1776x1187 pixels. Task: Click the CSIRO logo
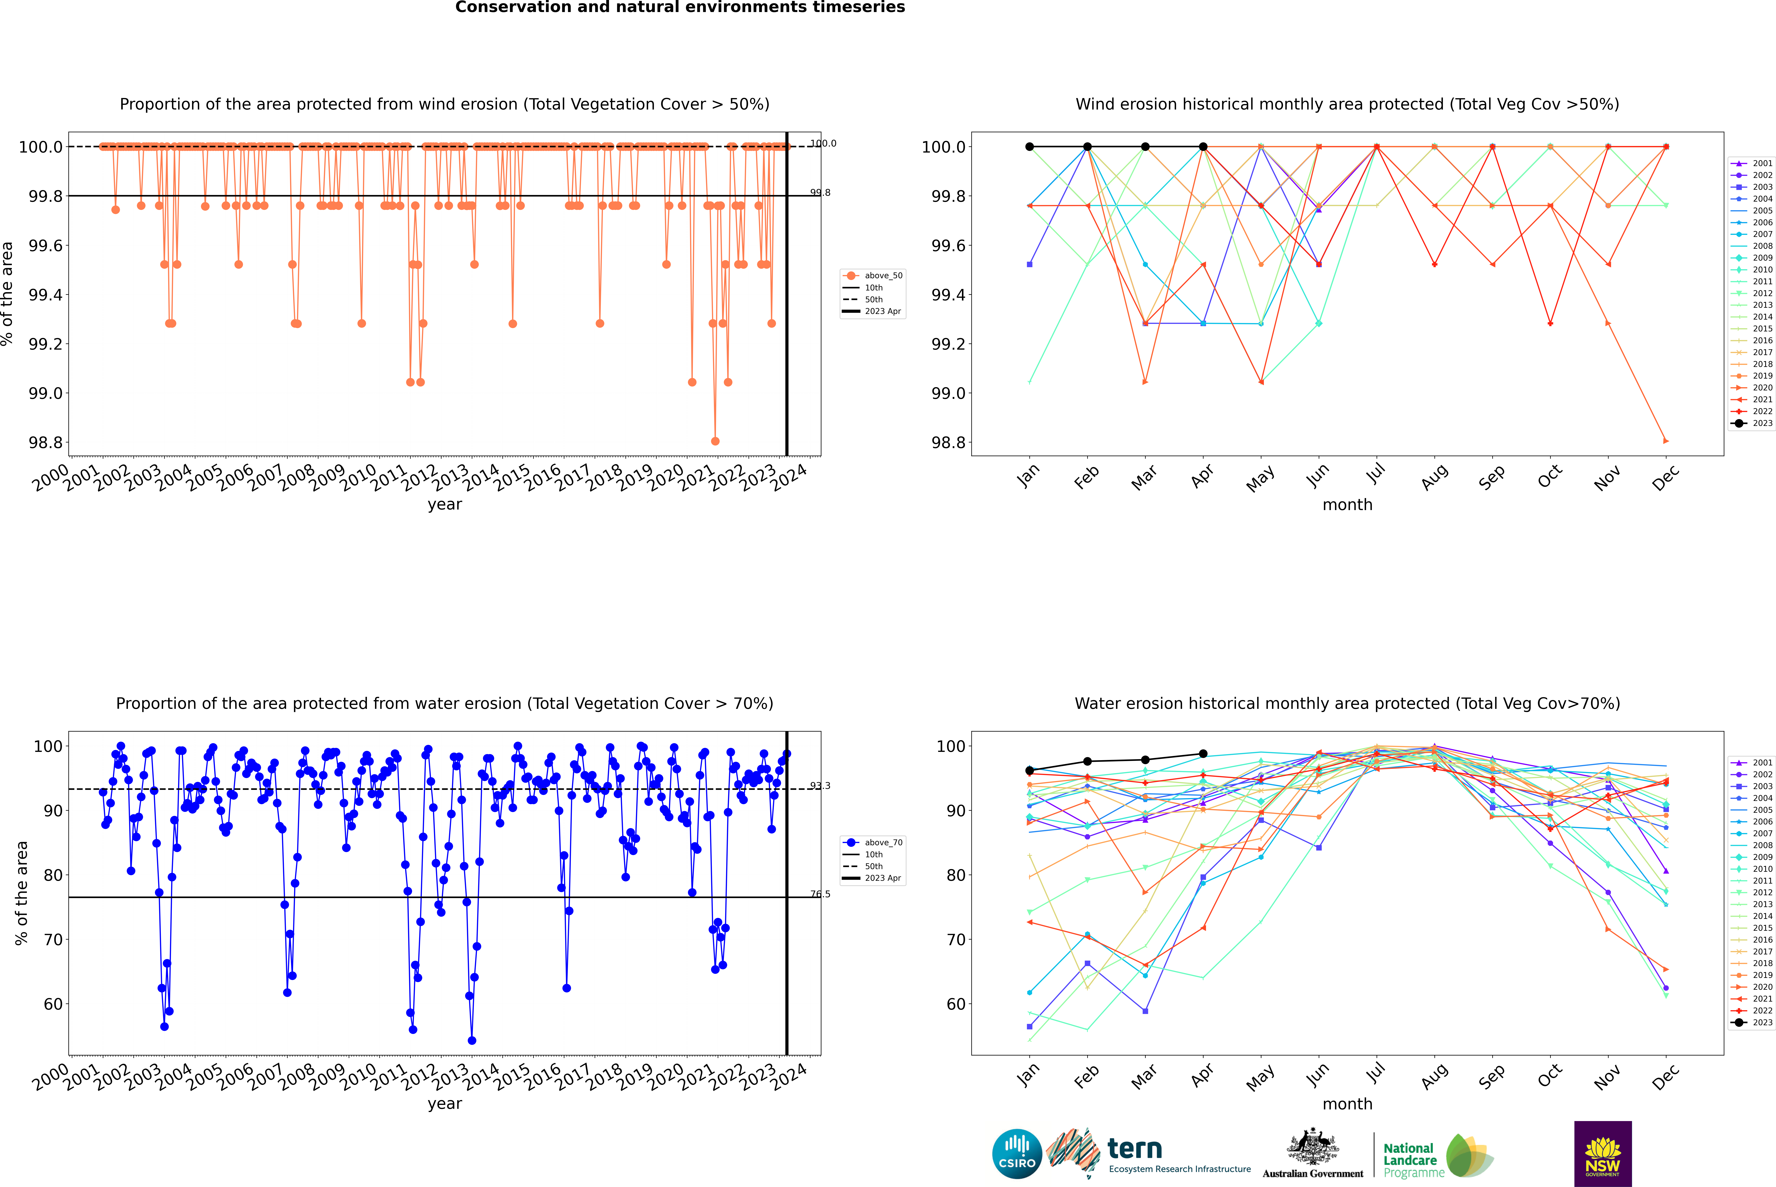[1017, 1154]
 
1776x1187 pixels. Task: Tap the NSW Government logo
[1603, 1154]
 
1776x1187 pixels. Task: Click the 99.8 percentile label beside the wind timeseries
[820, 192]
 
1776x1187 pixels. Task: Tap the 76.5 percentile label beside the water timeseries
[820, 894]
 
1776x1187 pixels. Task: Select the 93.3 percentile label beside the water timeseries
[820, 786]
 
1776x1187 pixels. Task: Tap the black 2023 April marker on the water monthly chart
[1203, 754]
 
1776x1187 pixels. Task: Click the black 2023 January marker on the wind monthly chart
[1030, 147]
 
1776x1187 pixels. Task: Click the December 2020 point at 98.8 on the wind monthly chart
[1666, 441]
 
